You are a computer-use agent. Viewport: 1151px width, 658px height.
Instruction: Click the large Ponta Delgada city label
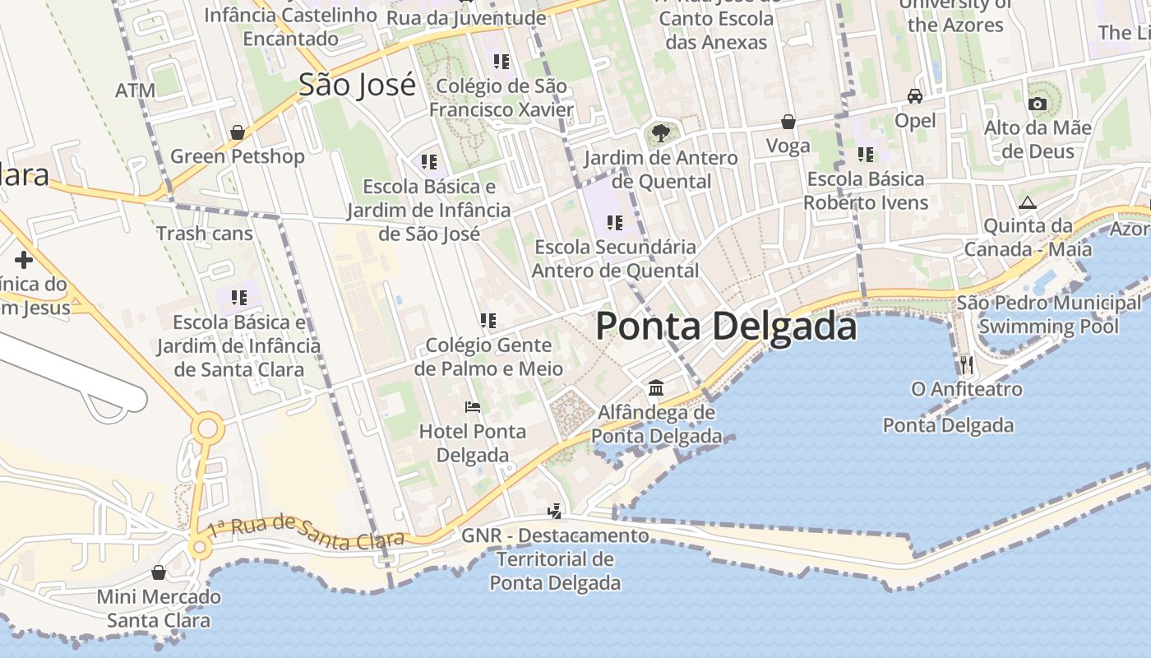[x=726, y=327]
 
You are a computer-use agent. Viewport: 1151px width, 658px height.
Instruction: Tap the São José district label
[x=357, y=85]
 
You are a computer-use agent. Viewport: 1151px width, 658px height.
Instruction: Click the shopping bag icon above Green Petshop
[x=238, y=132]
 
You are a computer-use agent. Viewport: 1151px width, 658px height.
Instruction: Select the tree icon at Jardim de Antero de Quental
[x=659, y=132]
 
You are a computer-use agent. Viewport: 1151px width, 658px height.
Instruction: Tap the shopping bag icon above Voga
[x=788, y=122]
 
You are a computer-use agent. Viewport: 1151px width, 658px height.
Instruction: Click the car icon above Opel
[x=915, y=96]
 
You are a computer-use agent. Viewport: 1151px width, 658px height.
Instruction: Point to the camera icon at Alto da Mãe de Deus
[x=1038, y=104]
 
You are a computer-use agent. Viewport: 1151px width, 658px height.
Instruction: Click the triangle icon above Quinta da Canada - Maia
[x=1027, y=202]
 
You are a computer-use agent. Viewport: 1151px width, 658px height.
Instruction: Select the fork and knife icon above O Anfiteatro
[x=966, y=364]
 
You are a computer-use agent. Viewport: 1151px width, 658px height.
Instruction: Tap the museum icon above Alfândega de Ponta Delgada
[x=656, y=387]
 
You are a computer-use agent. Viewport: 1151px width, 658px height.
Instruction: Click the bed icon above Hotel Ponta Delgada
[x=472, y=406]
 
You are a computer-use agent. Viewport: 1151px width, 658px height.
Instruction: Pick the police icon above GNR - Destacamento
[x=555, y=511]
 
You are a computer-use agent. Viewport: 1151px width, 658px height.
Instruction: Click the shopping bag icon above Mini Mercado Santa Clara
[x=159, y=572]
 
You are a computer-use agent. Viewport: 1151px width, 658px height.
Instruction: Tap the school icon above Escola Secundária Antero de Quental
[x=614, y=222]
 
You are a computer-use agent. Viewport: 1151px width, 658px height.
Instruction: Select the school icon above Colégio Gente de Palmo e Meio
[x=488, y=320]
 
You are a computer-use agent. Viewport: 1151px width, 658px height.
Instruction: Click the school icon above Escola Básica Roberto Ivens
[x=866, y=154]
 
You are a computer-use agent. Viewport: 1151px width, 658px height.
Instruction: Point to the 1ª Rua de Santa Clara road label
[x=306, y=531]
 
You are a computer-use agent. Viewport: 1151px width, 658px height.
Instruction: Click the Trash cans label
[x=205, y=234]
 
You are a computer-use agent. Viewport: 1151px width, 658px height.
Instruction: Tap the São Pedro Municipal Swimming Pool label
[x=1048, y=315]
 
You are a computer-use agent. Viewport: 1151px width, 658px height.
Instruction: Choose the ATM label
[x=135, y=90]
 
